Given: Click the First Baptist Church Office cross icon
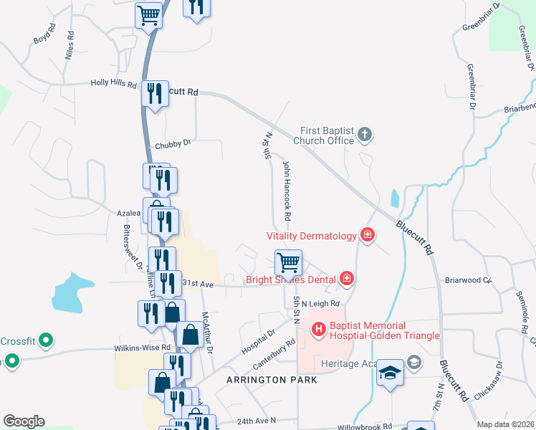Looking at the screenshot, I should pos(365,134).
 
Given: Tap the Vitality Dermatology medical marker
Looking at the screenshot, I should pos(368,235).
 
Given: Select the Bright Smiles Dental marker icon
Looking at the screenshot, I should pos(347,279).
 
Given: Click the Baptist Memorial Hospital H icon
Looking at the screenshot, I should pos(319,329).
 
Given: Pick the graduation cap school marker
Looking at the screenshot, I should pos(391,373).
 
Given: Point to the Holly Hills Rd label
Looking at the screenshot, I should pos(113,83).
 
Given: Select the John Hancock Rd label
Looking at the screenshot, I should pos(287,190).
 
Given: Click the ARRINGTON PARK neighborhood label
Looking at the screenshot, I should pos(272,379).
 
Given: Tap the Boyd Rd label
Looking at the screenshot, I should pos(44,34).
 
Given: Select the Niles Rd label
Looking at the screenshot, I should pos(70,44).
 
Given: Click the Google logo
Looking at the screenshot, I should pos(24,421).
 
